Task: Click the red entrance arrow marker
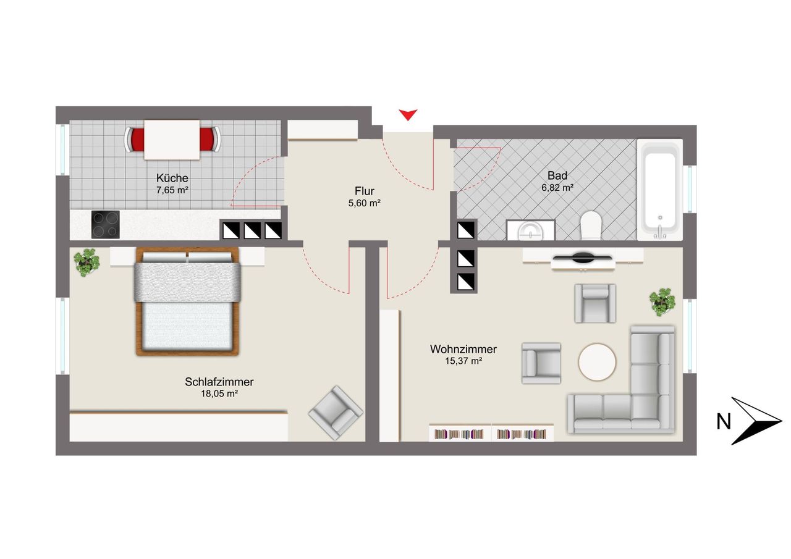[x=408, y=115]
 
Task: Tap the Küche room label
[x=172, y=177]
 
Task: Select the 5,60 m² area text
[x=364, y=203]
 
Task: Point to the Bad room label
[x=557, y=175]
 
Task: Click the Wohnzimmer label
[x=463, y=349]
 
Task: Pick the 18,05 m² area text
[x=219, y=393]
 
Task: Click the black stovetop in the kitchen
[x=105, y=224]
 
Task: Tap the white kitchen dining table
[x=172, y=140]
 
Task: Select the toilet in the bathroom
[x=590, y=225]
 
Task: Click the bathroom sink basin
[x=530, y=232]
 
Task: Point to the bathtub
[x=659, y=190]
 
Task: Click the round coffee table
[x=597, y=362]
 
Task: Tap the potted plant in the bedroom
[x=87, y=263]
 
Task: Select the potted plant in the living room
[x=662, y=302]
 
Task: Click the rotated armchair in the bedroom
[x=336, y=413]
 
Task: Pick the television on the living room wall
[x=583, y=258]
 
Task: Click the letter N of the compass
[x=724, y=421]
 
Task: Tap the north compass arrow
[x=756, y=421]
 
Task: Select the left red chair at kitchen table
[x=134, y=140]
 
